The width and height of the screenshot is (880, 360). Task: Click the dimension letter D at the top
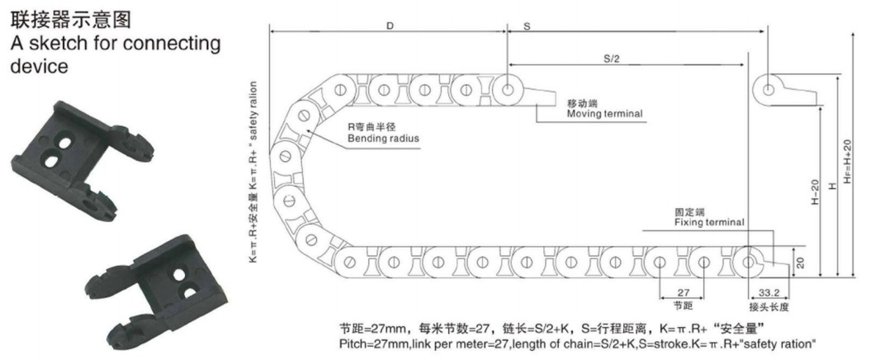coord(390,26)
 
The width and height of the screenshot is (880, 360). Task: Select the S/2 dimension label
coord(611,59)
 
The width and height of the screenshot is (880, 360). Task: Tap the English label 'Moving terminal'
coord(604,114)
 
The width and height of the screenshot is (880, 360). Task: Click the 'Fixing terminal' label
coord(709,223)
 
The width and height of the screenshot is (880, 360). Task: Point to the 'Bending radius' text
coord(383,138)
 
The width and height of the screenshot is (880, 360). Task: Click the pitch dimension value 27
coord(683,293)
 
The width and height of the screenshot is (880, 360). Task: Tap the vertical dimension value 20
coord(800,262)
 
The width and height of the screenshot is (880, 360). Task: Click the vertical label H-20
coord(816,192)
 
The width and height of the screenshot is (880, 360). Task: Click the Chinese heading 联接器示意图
coord(71,20)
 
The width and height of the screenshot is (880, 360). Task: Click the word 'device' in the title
coord(40,66)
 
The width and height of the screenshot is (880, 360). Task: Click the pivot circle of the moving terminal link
coord(508,89)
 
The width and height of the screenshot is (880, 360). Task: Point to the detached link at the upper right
coord(783,91)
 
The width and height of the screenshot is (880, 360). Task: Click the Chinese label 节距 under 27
coord(683,306)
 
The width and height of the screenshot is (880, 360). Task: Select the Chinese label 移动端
coord(582,104)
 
